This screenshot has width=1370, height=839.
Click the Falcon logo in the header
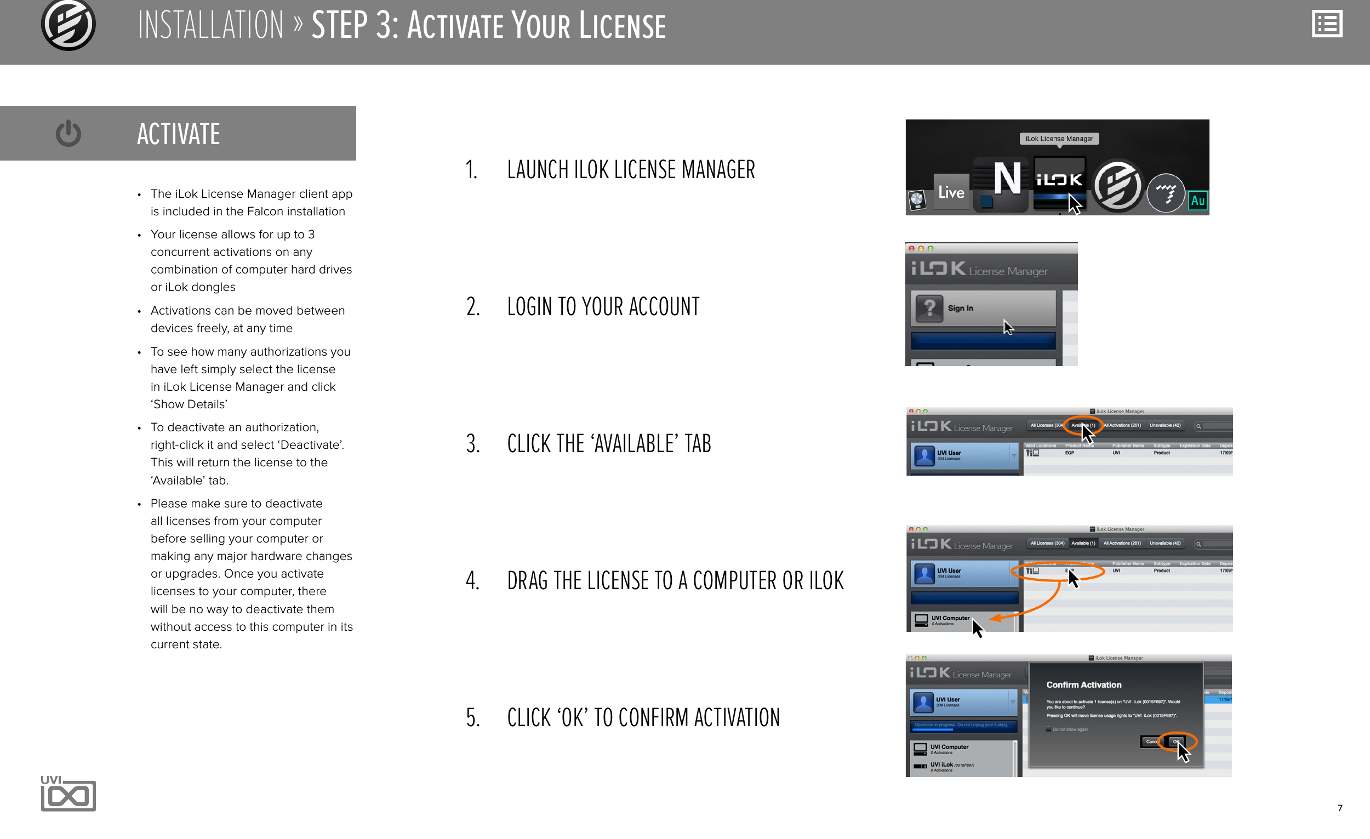tap(68, 25)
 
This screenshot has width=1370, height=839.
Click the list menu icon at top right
tap(1327, 25)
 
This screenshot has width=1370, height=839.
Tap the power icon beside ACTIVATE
tap(68, 133)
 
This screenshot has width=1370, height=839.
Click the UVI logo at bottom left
tap(68, 794)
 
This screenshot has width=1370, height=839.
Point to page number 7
tap(1339, 808)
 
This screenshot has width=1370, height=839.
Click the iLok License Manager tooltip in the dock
tap(1059, 139)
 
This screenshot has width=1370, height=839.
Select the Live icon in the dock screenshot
tap(951, 192)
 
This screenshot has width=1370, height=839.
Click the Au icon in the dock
tap(1197, 200)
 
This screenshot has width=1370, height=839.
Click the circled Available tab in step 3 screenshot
tap(1082, 425)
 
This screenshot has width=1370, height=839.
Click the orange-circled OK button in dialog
tap(1177, 741)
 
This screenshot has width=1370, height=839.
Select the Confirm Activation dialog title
tap(1083, 685)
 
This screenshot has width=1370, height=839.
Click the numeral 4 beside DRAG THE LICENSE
tap(472, 580)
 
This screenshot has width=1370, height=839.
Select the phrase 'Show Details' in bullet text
tap(189, 404)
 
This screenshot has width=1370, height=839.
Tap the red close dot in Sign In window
tap(911, 249)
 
